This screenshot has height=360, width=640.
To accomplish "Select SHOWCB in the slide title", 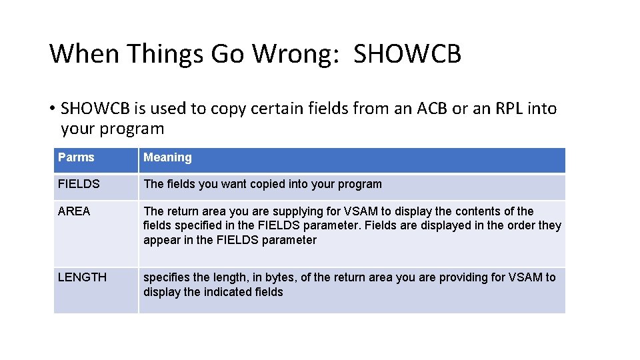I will click(x=407, y=54).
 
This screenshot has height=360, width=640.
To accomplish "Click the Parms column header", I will click(x=76, y=157).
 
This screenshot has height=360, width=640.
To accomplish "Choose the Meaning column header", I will click(x=167, y=157).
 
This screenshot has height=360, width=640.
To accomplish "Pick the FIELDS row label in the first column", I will click(x=79, y=184).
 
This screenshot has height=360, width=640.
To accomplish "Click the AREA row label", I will click(x=74, y=211).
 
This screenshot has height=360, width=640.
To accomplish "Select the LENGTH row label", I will click(x=82, y=277).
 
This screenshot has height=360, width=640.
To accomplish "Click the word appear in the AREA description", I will click(x=161, y=240).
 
